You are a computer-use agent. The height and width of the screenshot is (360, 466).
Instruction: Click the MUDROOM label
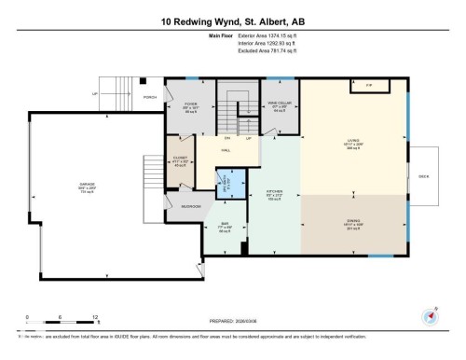point(191,206)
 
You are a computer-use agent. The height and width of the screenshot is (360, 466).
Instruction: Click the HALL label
point(226,149)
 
